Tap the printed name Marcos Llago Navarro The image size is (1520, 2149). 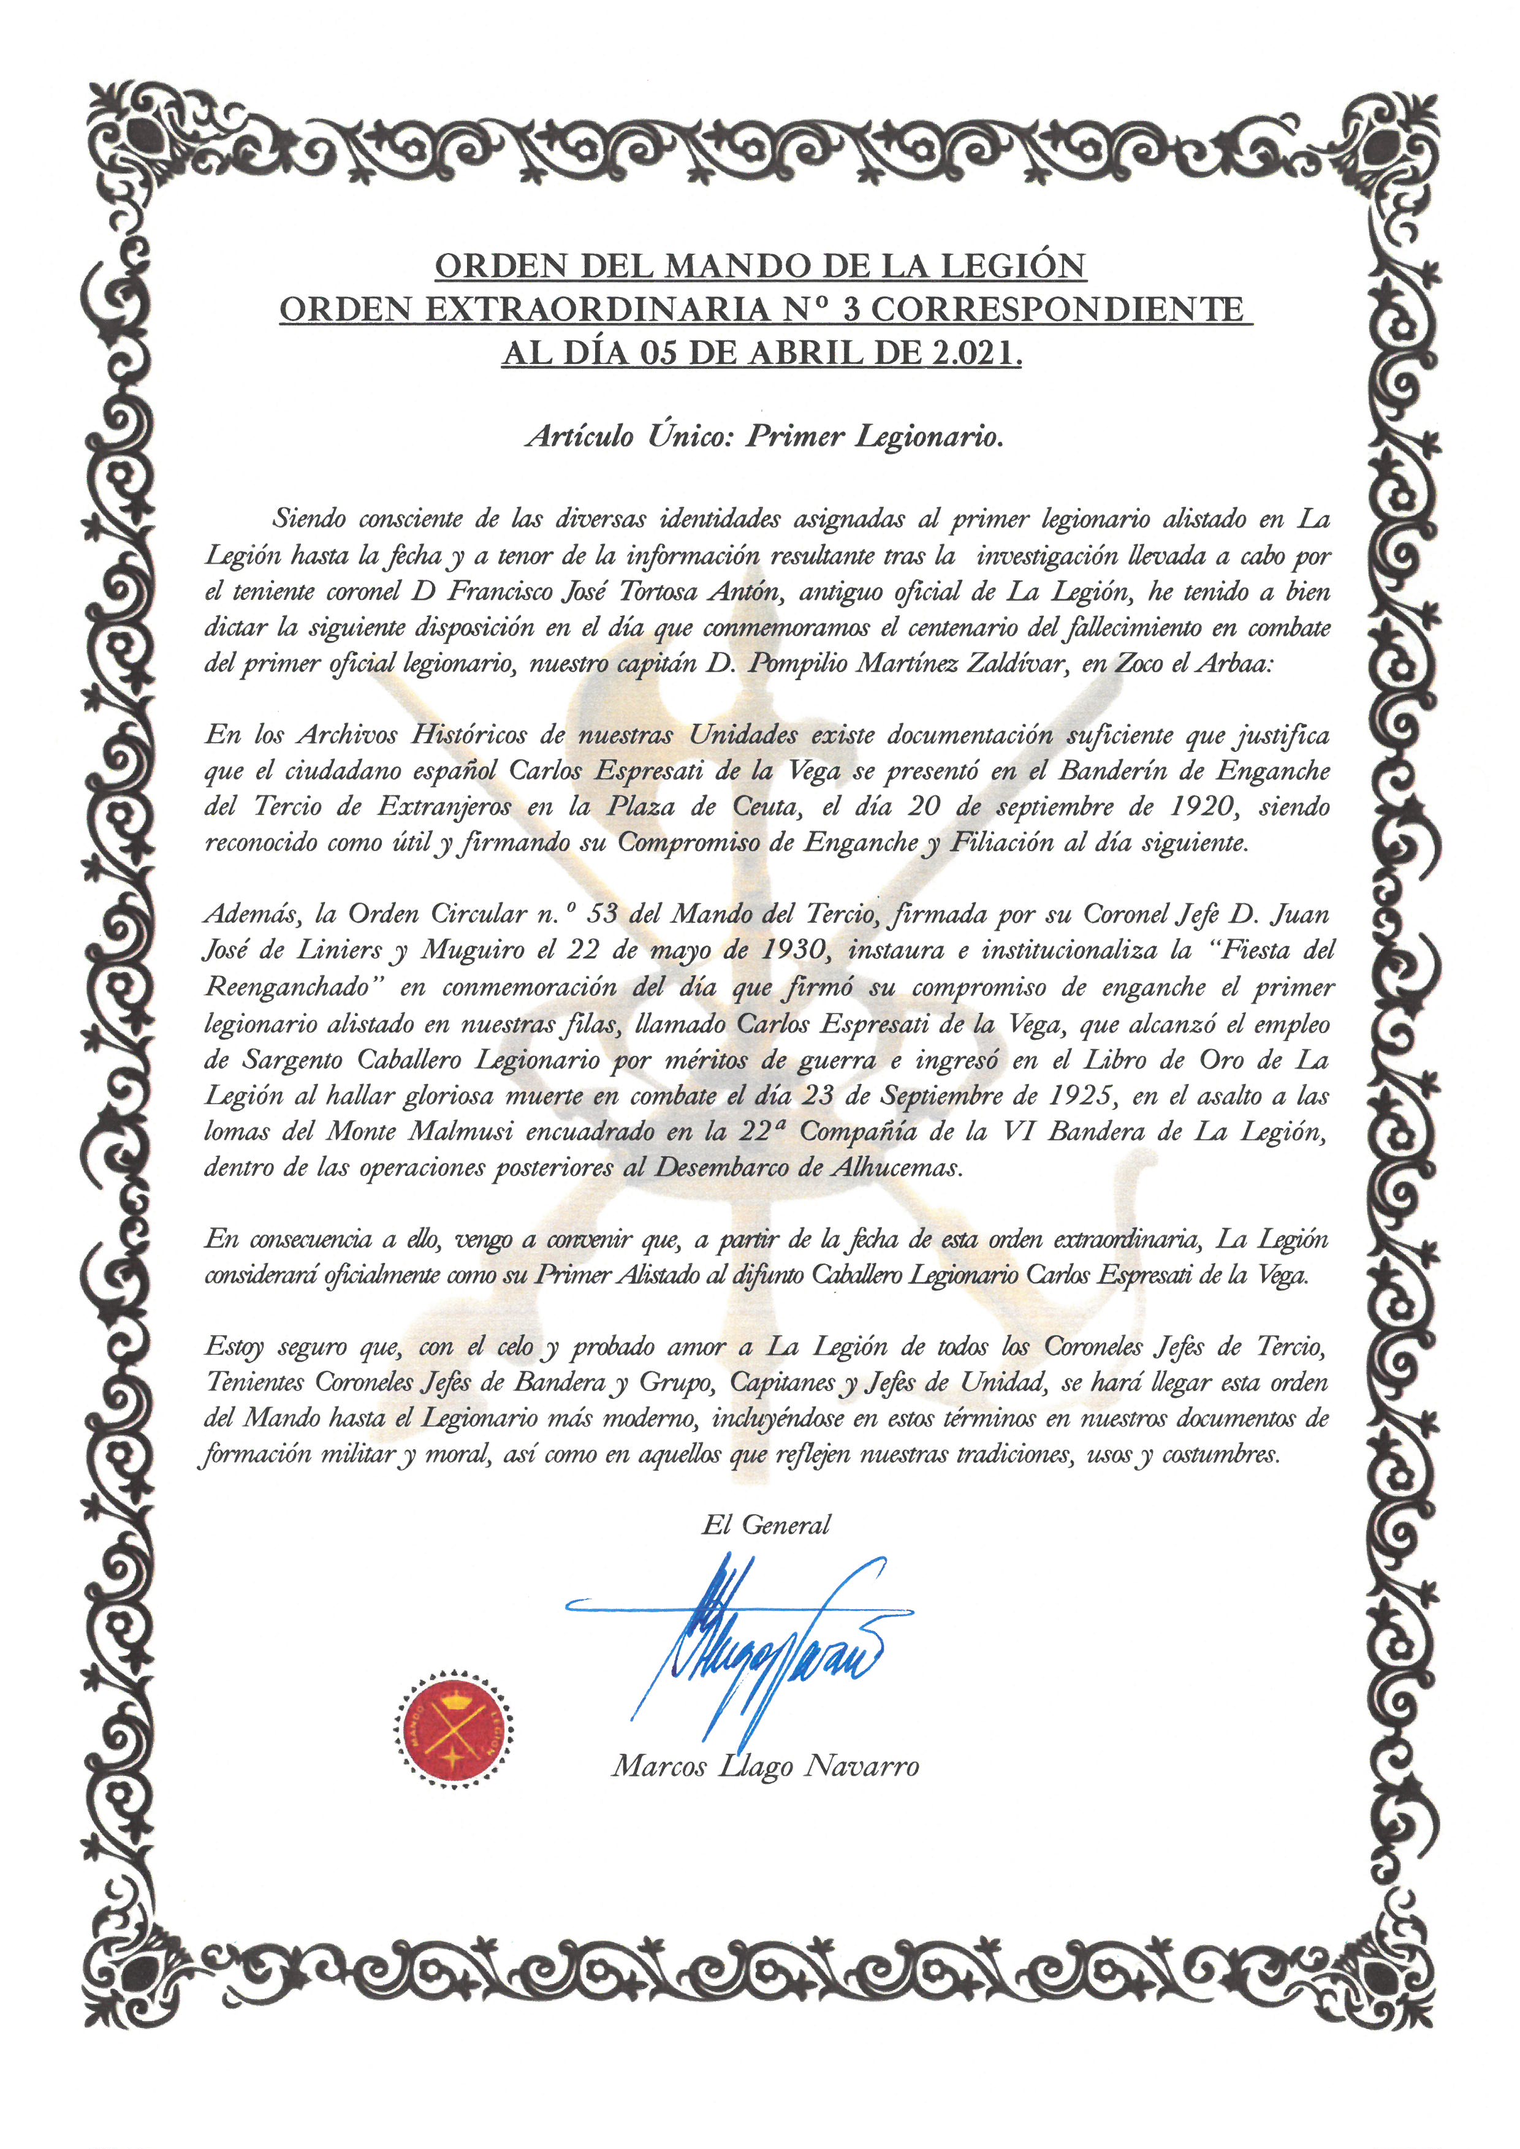[x=765, y=1766]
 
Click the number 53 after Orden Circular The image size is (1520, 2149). [x=601, y=914]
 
